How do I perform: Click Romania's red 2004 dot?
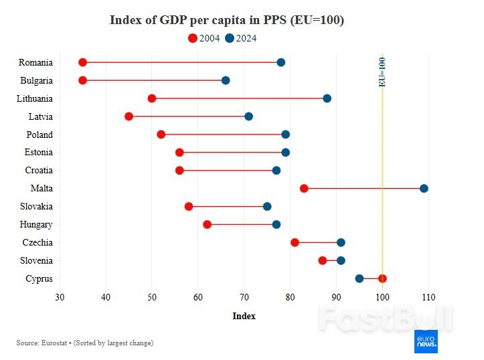tap(82, 62)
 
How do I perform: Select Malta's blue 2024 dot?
tap(424, 188)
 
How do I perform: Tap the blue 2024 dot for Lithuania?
tap(327, 98)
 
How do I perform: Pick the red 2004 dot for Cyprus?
tap(382, 278)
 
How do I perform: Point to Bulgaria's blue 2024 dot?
tap(226, 80)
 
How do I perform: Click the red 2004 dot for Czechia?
tap(295, 242)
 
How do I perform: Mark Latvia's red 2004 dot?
tap(129, 116)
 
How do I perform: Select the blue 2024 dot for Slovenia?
tap(341, 260)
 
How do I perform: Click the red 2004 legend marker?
tap(193, 38)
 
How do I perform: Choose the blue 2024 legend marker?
tap(230, 38)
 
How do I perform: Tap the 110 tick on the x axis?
tap(428, 297)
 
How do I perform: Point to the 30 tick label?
tap(60, 297)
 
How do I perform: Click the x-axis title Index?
tap(244, 316)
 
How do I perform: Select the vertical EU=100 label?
tap(382, 72)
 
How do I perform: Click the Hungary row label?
tap(36, 225)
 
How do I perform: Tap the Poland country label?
tap(39, 134)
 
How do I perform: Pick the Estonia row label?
tap(38, 153)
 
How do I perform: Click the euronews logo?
tap(426, 341)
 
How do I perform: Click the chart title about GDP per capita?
tap(226, 20)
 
